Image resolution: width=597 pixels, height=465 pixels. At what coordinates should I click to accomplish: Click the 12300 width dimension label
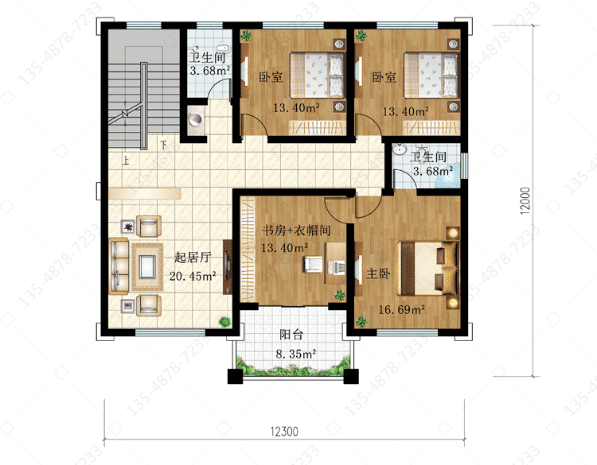click(x=284, y=432)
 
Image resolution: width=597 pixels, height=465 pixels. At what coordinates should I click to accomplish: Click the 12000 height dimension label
click(x=525, y=201)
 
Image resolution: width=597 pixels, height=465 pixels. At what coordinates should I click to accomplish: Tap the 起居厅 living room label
click(x=193, y=258)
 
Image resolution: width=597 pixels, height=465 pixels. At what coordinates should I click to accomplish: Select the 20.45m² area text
click(x=193, y=276)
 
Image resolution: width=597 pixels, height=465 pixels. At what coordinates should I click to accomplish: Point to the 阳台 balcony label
click(x=291, y=335)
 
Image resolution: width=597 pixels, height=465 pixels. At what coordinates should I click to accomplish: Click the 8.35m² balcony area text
click(x=296, y=354)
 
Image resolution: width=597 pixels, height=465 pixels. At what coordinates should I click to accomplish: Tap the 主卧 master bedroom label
click(x=378, y=273)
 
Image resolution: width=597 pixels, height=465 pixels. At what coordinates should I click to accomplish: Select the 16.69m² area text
click(x=402, y=310)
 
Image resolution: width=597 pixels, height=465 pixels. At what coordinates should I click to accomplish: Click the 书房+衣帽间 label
click(x=296, y=231)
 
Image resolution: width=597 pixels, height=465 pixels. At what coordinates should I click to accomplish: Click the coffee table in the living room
click(x=147, y=267)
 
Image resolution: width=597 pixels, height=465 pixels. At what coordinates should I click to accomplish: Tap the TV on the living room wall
click(x=228, y=266)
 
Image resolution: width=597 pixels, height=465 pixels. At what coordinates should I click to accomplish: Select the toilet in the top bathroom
click(x=224, y=48)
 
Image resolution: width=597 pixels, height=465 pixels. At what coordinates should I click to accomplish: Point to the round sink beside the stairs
click(x=196, y=119)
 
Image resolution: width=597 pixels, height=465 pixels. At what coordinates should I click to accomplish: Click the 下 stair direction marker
click(x=164, y=145)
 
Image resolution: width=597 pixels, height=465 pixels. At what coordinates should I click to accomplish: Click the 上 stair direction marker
click(x=125, y=160)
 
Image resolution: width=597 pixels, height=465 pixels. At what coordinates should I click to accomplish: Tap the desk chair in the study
click(x=313, y=264)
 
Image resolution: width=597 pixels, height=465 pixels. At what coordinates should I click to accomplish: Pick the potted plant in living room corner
click(x=224, y=322)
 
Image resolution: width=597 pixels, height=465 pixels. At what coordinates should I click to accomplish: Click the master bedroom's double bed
click(x=427, y=268)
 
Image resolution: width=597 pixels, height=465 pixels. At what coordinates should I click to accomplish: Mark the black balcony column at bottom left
click(x=235, y=376)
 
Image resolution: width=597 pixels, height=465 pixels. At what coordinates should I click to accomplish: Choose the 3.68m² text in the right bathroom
click(x=433, y=171)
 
